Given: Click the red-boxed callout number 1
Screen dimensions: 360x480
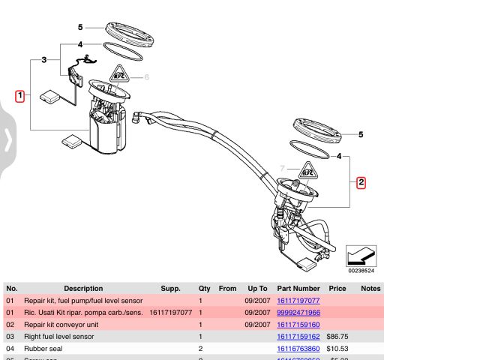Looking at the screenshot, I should point(20,95).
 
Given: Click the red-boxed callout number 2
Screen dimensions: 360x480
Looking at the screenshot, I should point(361,181).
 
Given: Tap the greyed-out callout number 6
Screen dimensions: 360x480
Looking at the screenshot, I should point(147,76).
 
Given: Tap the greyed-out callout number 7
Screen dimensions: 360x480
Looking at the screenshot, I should point(283,168).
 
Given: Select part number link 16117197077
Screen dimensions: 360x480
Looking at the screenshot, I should point(298,300).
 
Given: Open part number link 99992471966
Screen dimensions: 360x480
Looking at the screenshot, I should point(298,312).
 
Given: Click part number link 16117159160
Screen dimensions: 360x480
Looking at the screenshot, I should point(298,325).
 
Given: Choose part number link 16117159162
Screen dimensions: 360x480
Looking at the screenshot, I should point(298,337).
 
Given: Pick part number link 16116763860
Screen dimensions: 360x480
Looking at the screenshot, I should point(298,349).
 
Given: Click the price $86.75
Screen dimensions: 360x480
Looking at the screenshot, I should point(337,337).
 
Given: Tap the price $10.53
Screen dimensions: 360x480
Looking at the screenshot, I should point(337,349).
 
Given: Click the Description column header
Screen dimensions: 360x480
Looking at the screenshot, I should point(83,288).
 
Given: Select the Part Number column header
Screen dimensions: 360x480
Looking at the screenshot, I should point(298,288).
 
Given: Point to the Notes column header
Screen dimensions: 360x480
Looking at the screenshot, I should point(370,288).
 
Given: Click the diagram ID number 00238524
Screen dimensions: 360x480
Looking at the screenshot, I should point(361,271).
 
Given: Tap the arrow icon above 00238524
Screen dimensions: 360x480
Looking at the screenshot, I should point(361,255).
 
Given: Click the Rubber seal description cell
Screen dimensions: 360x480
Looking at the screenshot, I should point(43,349).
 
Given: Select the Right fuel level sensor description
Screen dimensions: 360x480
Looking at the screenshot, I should point(59,337).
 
